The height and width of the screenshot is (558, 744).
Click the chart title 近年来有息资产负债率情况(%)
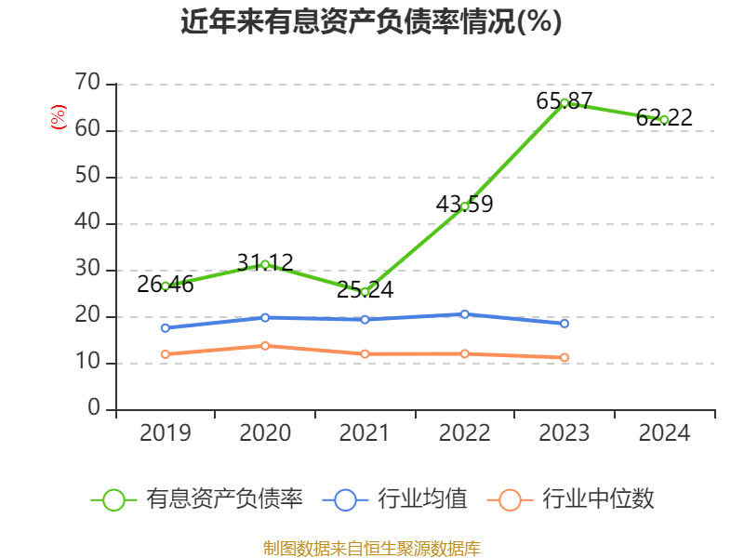[371, 21]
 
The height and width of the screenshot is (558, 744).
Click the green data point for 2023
[565, 103]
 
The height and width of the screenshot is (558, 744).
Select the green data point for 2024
[664, 120]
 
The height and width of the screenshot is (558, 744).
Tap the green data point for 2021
[365, 292]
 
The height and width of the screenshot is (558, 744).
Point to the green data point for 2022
[465, 206]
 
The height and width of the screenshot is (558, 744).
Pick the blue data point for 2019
[166, 328]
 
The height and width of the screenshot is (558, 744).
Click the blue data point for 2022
[465, 314]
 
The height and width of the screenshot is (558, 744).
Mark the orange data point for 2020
[265, 346]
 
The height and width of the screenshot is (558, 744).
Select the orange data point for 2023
[565, 358]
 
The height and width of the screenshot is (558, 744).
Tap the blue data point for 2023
[565, 324]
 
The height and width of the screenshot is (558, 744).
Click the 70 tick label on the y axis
[87, 84]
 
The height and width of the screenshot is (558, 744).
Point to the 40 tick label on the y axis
[87, 223]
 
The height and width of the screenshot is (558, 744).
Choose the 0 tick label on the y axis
[94, 409]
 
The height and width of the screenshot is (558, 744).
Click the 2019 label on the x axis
[166, 433]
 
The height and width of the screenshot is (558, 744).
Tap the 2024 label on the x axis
[664, 433]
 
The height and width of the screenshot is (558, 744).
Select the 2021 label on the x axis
[365, 433]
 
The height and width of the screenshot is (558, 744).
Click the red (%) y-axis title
[59, 118]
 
